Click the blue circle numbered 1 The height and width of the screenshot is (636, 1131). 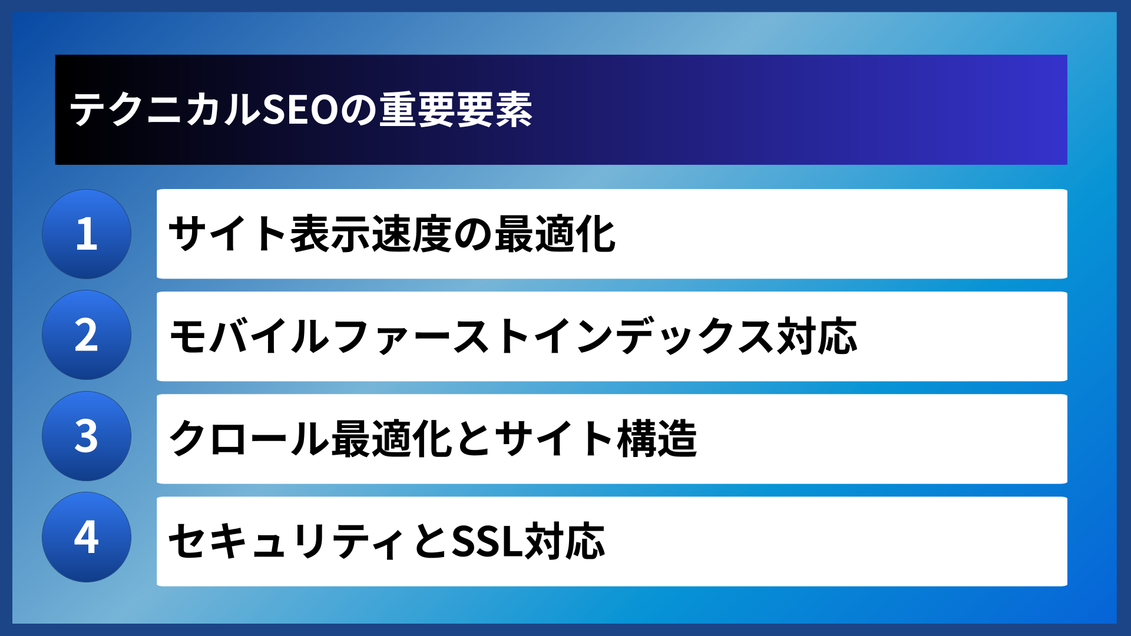point(87,234)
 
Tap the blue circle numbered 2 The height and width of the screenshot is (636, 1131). point(87,335)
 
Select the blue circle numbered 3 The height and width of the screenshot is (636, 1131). point(87,436)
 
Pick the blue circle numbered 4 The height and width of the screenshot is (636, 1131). point(87,537)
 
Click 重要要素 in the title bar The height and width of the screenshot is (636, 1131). point(455,110)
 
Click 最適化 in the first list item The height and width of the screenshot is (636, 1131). point(555,234)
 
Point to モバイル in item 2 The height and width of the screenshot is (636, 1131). point(249,336)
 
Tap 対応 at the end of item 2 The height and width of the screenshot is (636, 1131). point(817,336)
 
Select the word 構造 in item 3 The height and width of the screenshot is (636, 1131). point(657,439)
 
